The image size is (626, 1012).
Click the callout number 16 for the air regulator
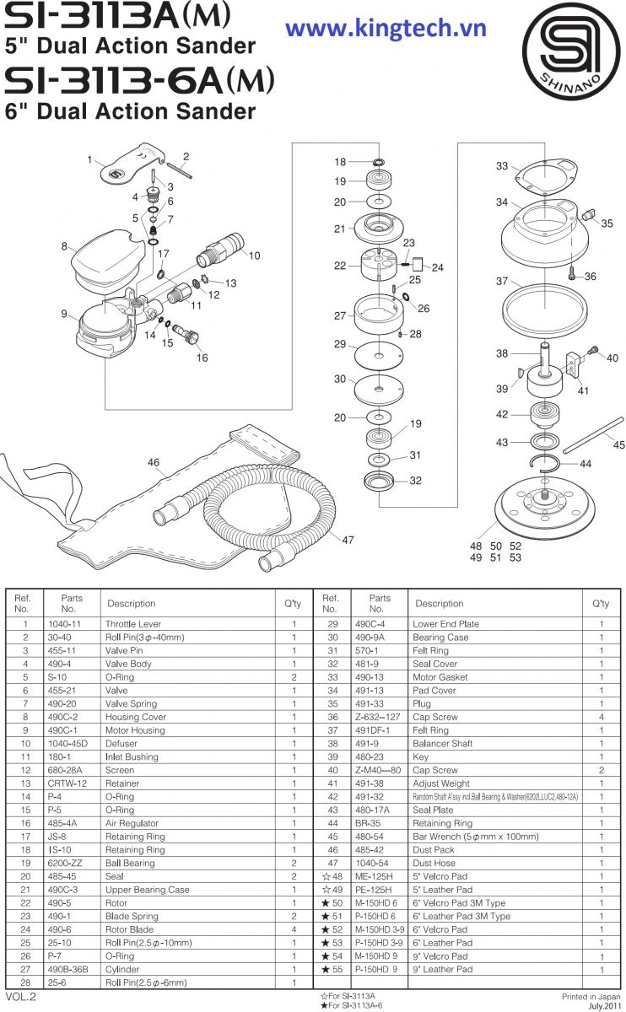(x=202, y=358)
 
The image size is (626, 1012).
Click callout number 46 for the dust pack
(x=154, y=462)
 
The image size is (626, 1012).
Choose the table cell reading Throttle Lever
(x=133, y=624)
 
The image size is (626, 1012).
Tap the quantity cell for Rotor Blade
(x=294, y=903)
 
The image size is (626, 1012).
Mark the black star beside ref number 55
(x=325, y=969)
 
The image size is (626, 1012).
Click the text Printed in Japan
(x=584, y=996)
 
